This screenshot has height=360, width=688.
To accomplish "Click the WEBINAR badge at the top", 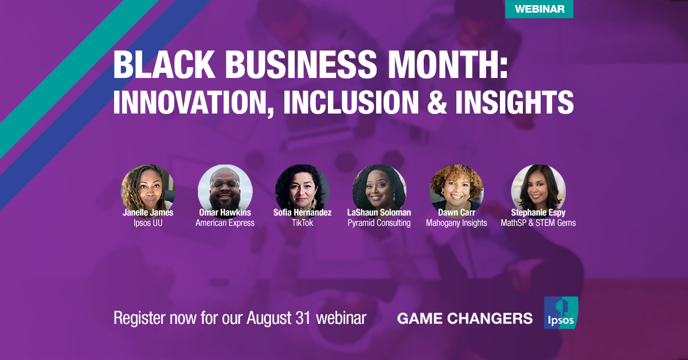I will [x=539, y=9].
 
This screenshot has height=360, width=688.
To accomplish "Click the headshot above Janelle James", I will [x=148, y=187].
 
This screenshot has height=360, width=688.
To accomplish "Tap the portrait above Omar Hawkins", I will [x=225, y=187].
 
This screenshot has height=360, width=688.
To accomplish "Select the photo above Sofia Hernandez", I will [x=302, y=187].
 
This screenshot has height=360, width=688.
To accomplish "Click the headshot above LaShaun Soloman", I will [x=379, y=187].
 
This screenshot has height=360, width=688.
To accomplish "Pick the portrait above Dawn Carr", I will [x=456, y=187].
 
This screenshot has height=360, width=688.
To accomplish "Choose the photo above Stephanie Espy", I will [x=538, y=187].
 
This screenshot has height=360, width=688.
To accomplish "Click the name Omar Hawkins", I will [x=225, y=213].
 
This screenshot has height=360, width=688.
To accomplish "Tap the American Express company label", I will [x=225, y=223].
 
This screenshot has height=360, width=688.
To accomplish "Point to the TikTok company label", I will [x=302, y=223].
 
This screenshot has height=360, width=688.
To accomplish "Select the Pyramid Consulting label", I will [x=379, y=223].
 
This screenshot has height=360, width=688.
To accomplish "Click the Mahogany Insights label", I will [x=456, y=223].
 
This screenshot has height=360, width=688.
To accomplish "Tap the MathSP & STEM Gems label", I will [x=538, y=223].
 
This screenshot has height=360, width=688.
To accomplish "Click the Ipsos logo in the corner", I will [x=561, y=313].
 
